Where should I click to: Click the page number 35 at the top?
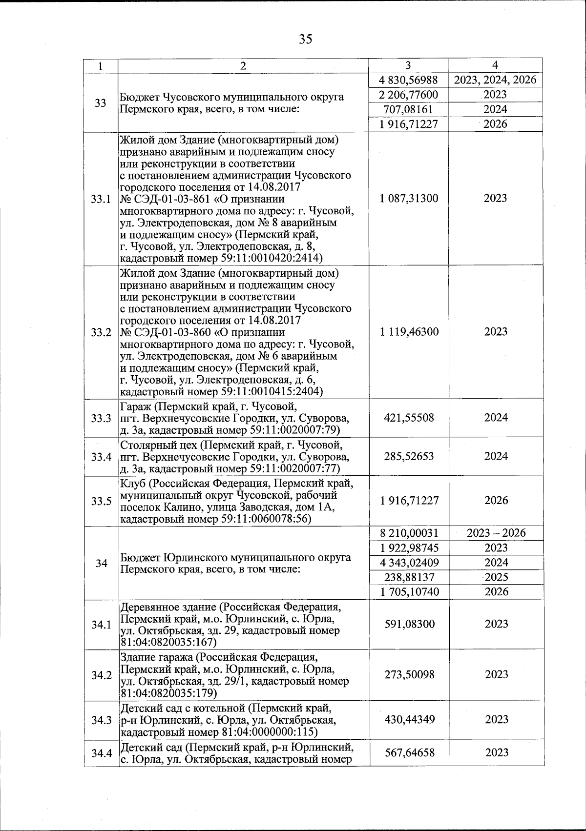306,39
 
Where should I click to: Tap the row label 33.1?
101,199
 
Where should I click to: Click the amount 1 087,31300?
409,198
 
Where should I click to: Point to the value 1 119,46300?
409,332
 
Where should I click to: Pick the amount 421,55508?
409,418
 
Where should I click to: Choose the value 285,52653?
409,456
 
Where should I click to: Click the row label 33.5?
101,501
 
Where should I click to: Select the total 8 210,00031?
409,533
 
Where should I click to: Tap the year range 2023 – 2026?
496,533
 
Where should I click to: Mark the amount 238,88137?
409,577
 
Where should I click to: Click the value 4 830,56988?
409,80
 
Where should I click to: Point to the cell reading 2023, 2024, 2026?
495,80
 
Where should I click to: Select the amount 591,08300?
409,624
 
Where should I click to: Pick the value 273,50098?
409,675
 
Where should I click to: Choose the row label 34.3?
101,720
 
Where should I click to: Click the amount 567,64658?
409,753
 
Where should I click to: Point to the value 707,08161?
409,109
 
